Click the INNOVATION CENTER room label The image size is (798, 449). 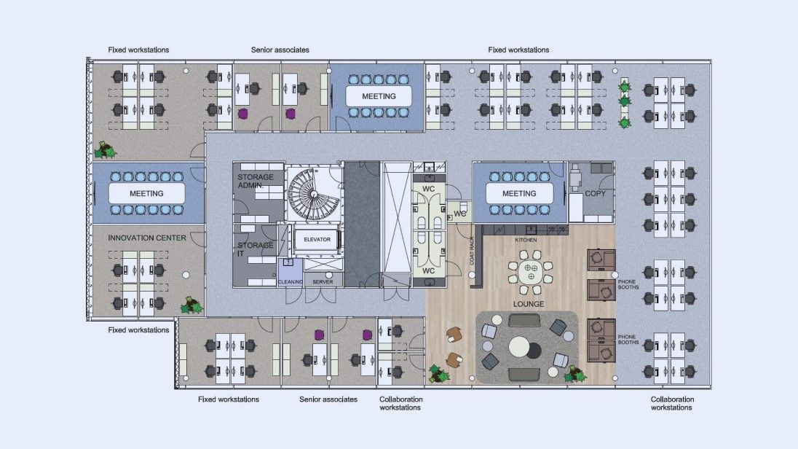(146, 238)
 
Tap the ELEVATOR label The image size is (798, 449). (317, 240)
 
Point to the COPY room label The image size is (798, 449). (595, 194)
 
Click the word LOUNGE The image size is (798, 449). (529, 304)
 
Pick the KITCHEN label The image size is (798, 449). (526, 240)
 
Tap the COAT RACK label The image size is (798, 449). (472, 250)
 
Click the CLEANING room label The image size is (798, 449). (290, 282)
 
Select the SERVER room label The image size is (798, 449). (323, 282)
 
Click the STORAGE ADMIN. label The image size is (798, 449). (256, 181)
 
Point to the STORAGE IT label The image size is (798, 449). (255, 249)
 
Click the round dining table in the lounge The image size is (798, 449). (531, 272)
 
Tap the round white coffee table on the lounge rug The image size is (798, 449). (518, 347)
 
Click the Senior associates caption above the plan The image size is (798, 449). (280, 50)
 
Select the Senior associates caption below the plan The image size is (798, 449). (328, 399)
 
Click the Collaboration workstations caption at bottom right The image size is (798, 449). (672, 404)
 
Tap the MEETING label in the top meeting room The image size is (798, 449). (379, 96)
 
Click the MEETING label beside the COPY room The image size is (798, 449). (519, 194)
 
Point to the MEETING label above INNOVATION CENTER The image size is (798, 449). (146, 194)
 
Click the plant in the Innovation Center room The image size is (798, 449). (191, 306)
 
